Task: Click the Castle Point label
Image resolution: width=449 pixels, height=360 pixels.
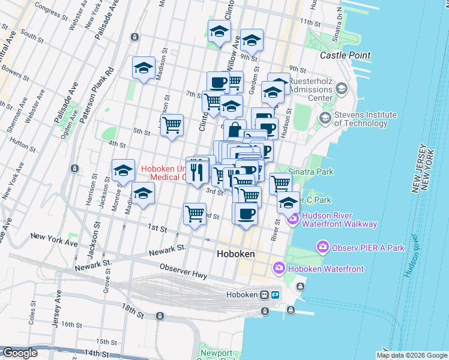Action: (x=345, y=55)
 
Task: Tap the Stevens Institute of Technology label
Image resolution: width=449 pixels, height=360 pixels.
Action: (x=366, y=119)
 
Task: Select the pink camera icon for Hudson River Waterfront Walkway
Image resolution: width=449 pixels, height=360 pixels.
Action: (x=294, y=220)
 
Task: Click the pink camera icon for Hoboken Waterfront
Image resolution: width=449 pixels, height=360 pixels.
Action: (x=279, y=268)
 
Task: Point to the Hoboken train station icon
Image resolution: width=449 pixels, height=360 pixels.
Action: (x=264, y=295)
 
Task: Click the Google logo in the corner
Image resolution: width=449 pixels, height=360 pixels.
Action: (x=20, y=353)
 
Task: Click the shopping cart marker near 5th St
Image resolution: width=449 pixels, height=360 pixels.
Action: (x=172, y=125)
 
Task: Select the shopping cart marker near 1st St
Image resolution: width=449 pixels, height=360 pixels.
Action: (x=195, y=213)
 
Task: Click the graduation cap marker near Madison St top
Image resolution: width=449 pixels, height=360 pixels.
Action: (x=144, y=68)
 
